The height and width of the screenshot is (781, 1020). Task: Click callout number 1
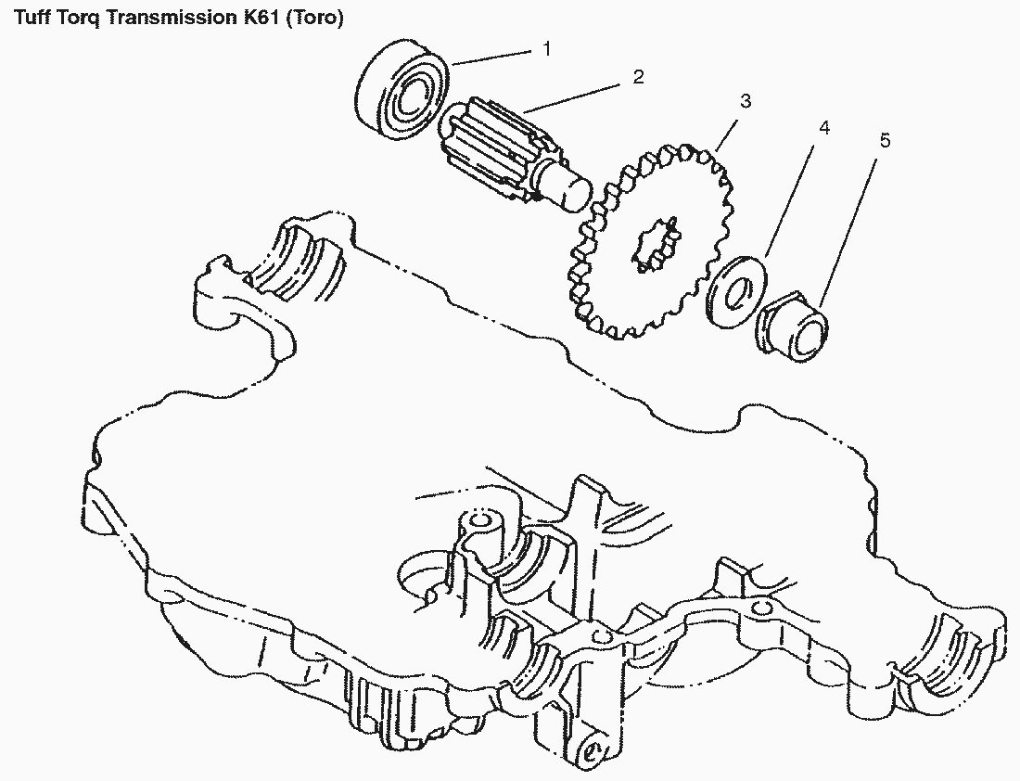[x=547, y=48]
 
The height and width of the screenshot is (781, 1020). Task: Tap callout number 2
[x=638, y=77]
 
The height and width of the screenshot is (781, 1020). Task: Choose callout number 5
[x=884, y=140]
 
